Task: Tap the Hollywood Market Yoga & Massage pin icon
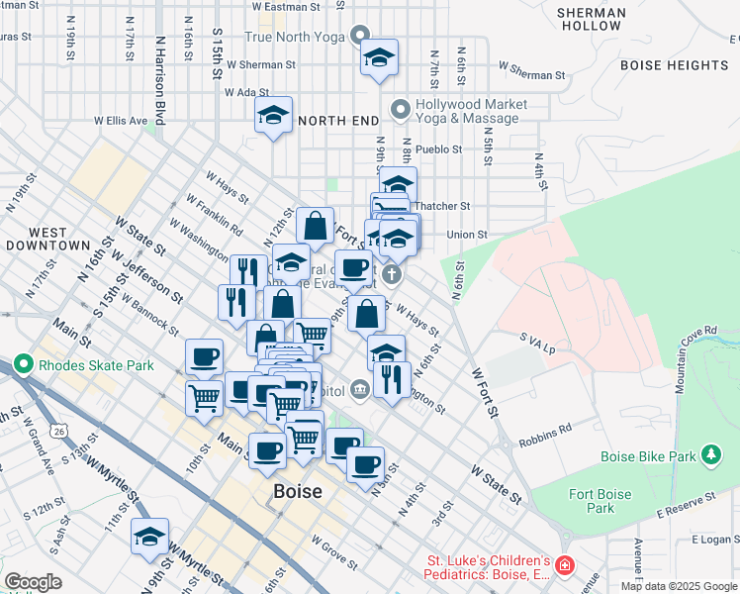(401, 108)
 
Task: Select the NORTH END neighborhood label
(338, 120)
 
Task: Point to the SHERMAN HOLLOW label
(591, 19)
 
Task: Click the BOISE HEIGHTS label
(674, 65)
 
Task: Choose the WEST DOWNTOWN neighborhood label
(47, 238)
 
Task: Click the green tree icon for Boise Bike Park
(710, 454)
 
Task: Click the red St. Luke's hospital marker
(565, 566)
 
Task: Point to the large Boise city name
(297, 492)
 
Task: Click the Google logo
(33, 582)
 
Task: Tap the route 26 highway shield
(61, 432)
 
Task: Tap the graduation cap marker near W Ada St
(274, 115)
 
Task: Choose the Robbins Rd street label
(552, 431)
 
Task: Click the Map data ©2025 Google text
(678, 586)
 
